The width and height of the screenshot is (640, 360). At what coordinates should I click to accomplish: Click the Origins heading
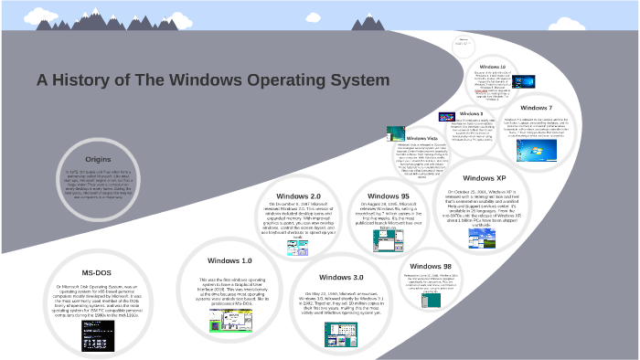[98, 158]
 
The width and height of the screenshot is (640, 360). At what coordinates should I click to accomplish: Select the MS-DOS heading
[98, 271]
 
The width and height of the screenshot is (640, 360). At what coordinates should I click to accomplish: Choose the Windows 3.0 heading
[341, 277]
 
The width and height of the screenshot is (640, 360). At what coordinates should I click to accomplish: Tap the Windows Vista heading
[421, 138]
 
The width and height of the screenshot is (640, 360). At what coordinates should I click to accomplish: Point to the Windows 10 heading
[492, 67]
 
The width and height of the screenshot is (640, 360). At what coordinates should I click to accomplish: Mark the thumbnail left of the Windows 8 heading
[447, 117]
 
